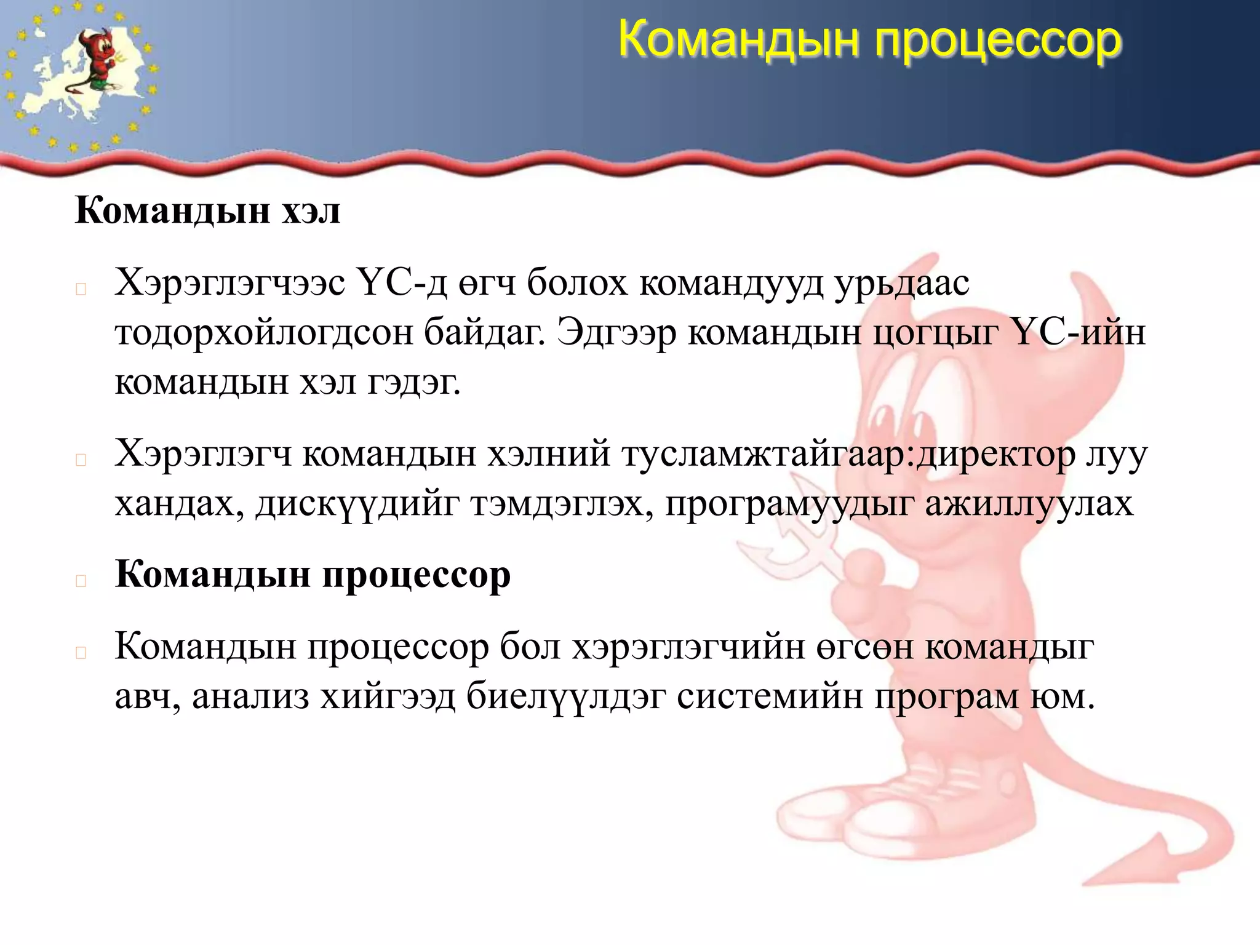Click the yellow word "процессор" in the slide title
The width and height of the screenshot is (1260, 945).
pos(999,41)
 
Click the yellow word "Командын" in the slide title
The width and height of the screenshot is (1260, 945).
pos(738,39)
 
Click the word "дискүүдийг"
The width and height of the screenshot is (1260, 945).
pos(357,504)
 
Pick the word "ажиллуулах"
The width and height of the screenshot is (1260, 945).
pos(1029,504)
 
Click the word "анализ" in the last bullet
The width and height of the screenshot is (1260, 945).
pos(250,696)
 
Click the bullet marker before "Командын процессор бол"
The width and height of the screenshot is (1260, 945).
pos(81,653)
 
